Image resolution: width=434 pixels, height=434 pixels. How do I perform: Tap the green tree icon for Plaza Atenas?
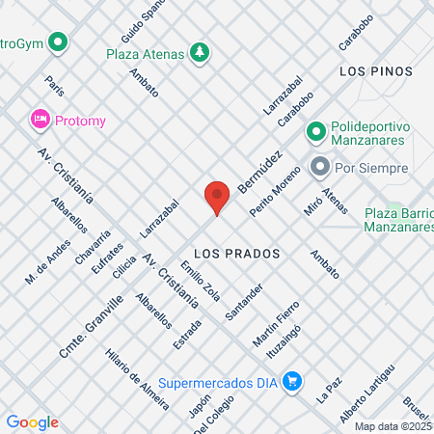pos(200,51)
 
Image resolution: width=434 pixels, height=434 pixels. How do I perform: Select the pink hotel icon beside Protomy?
pos(40,120)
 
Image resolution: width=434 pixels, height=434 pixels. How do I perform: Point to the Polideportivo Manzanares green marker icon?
pos(315,130)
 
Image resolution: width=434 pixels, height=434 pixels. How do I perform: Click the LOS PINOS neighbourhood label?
pos(375,71)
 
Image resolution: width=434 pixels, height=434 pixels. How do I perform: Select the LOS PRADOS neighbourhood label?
pos(236,253)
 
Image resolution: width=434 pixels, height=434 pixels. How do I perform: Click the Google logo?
pos(32,421)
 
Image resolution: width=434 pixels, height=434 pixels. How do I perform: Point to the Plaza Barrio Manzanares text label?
pos(398,220)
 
